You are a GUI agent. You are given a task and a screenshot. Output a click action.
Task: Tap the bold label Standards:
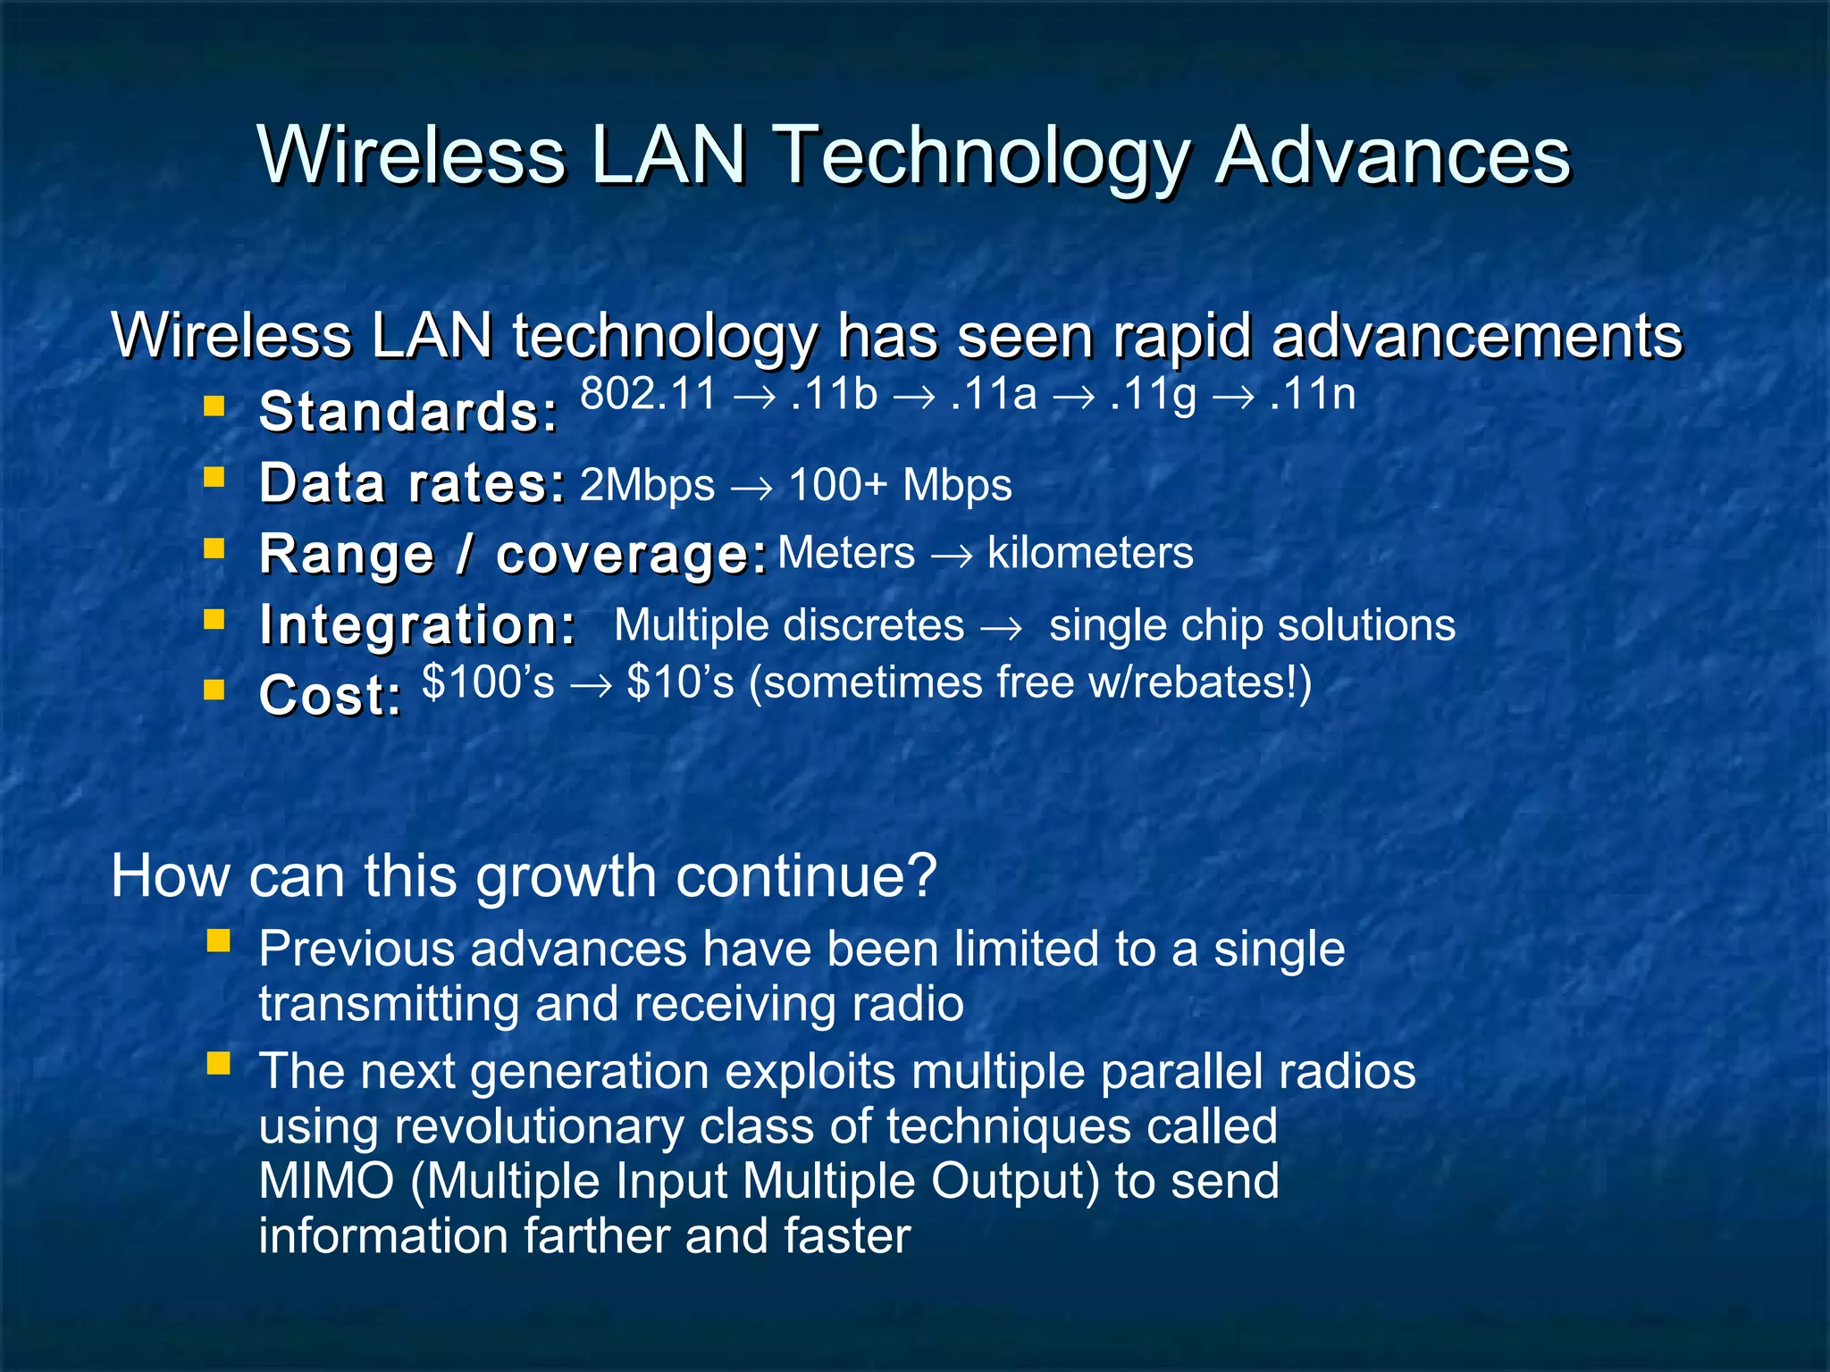[408, 412]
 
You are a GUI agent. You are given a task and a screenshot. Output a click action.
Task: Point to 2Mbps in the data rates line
[647, 486]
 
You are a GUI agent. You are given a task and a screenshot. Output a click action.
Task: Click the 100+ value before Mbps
[837, 486]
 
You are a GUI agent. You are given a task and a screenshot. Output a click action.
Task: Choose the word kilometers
[1089, 553]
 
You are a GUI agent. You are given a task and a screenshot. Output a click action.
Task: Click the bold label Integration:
[417, 624]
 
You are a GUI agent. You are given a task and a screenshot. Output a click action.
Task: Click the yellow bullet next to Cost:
[214, 690]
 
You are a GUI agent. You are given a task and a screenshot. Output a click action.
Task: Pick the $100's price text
[488, 682]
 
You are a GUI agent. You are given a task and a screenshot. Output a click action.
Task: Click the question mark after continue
[920, 875]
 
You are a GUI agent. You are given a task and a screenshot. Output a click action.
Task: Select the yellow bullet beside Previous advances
[218, 941]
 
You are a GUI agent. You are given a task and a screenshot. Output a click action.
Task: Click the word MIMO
[326, 1181]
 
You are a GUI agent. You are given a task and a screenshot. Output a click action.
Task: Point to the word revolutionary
[539, 1126]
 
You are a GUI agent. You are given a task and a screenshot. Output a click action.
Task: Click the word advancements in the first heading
[1476, 337]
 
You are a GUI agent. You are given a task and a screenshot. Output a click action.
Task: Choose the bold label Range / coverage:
[513, 554]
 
